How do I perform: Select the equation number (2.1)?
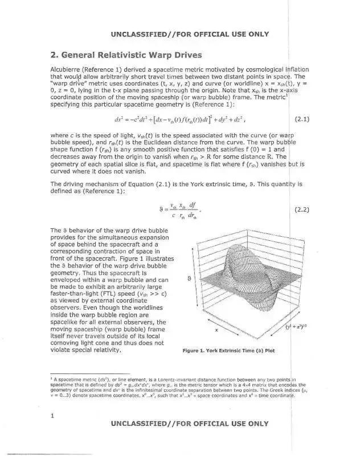click(301, 120)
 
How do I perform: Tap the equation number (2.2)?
click(301, 210)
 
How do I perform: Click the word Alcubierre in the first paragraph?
click(67, 69)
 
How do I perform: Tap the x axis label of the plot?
click(216, 330)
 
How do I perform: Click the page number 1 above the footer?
click(52, 416)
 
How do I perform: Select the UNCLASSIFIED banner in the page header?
click(190, 34)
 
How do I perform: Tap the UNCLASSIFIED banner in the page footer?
click(190, 424)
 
